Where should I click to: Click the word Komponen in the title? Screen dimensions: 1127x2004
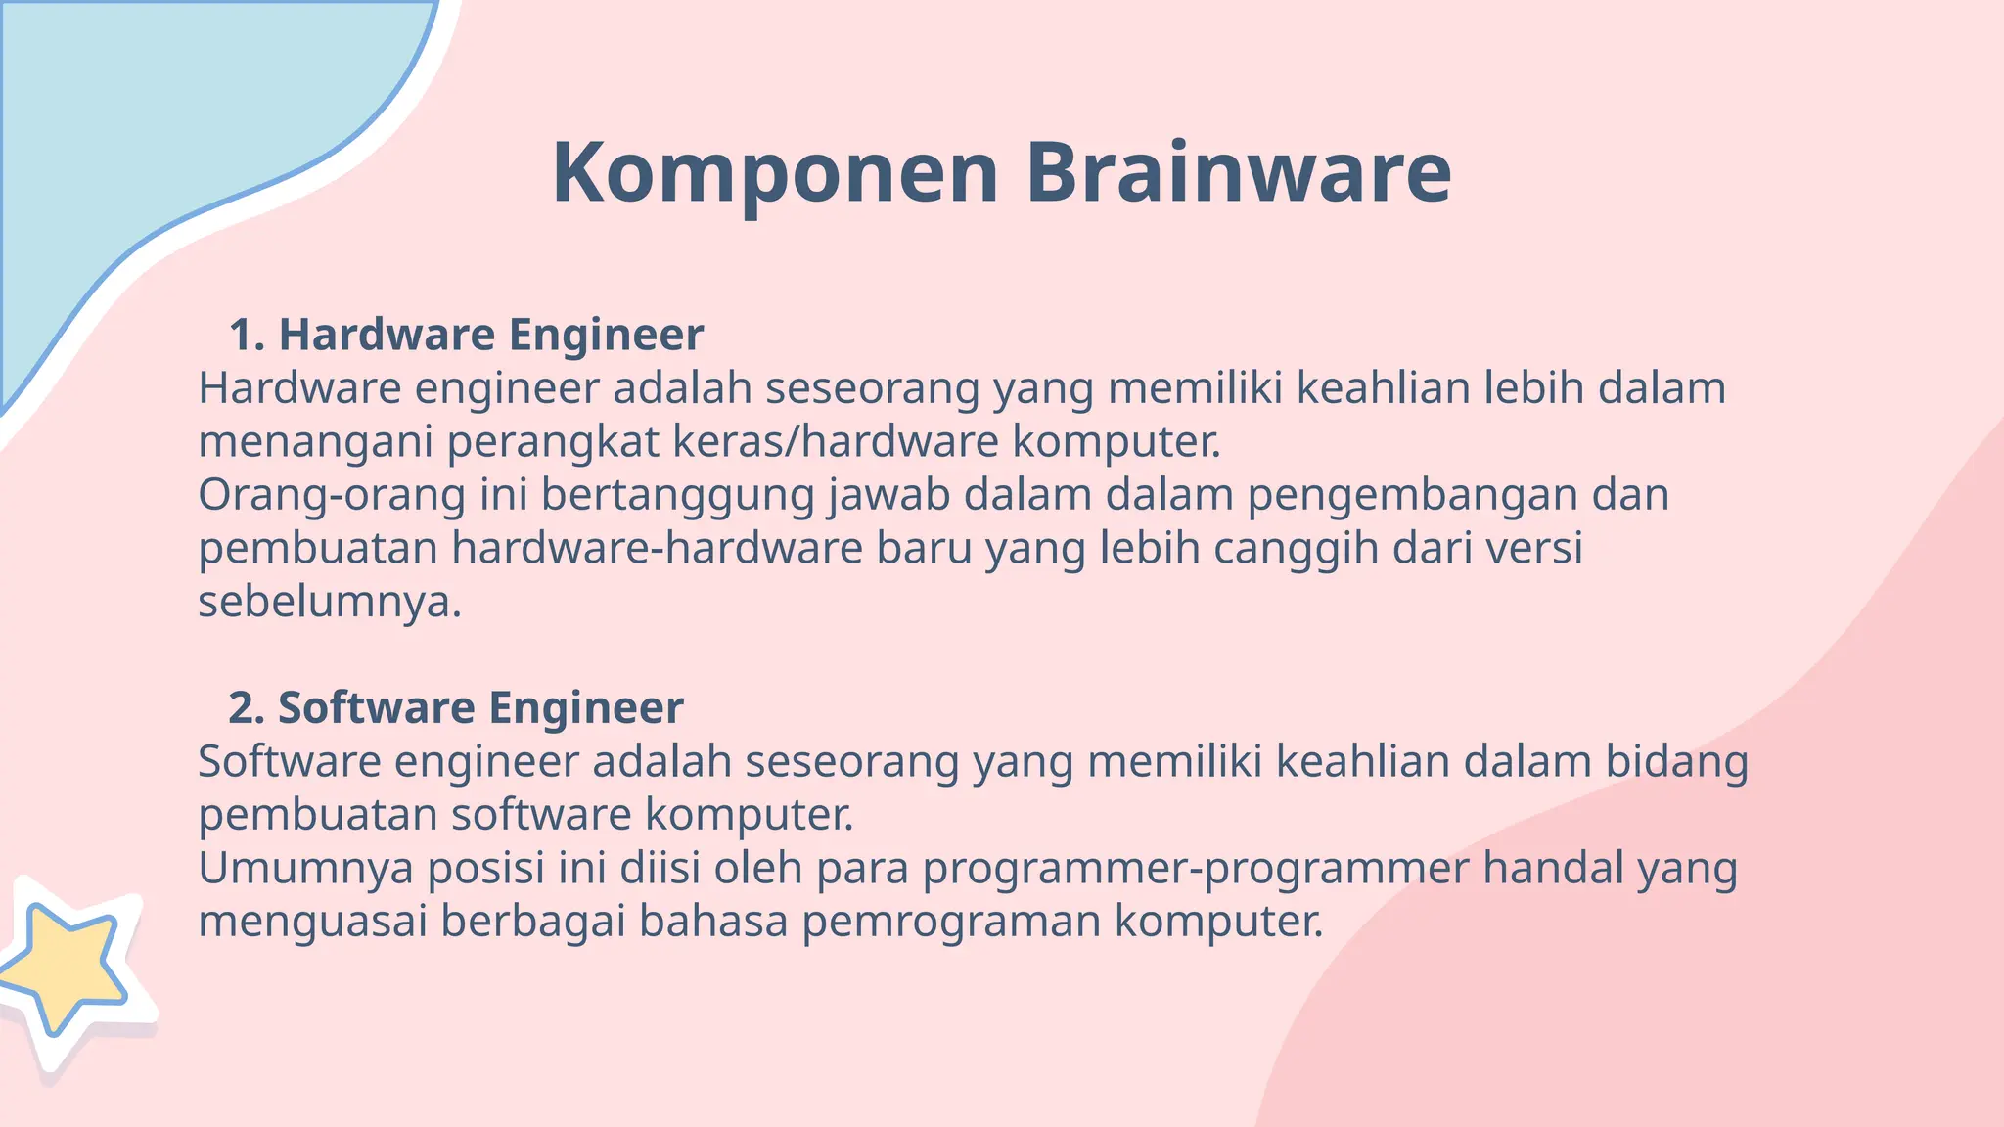(x=775, y=174)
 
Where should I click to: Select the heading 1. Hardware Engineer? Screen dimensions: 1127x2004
(x=466, y=335)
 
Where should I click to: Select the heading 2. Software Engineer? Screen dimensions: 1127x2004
(x=456, y=707)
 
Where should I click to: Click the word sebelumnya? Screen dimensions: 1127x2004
(x=329, y=601)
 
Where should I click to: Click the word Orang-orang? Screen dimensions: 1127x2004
(x=331, y=495)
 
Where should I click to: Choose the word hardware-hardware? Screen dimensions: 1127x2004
(x=657, y=548)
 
